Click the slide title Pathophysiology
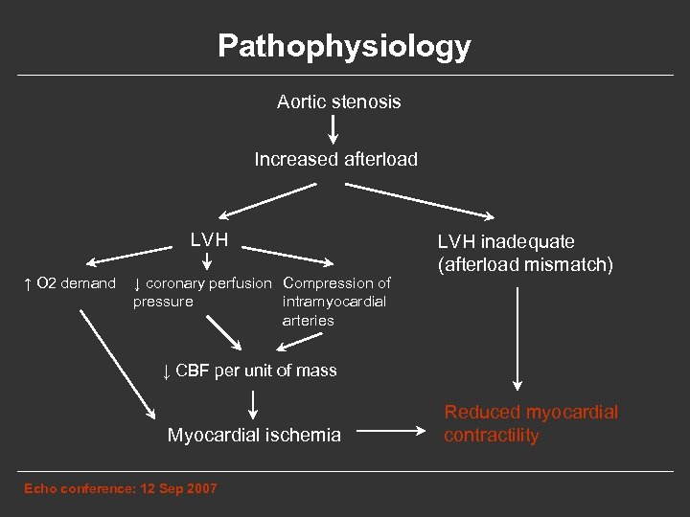pyautogui.click(x=344, y=46)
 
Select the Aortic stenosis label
pyautogui.click(x=338, y=101)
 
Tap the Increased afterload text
pyautogui.click(x=335, y=159)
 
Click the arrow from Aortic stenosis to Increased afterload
pyautogui.click(x=333, y=129)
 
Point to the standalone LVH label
pyautogui.click(x=209, y=238)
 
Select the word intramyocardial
pyautogui.click(x=334, y=302)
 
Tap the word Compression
pyautogui.click(x=327, y=283)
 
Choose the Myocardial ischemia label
pyautogui.click(x=254, y=436)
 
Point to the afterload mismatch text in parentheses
pyautogui.click(x=525, y=264)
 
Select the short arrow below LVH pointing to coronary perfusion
pyautogui.click(x=208, y=260)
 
